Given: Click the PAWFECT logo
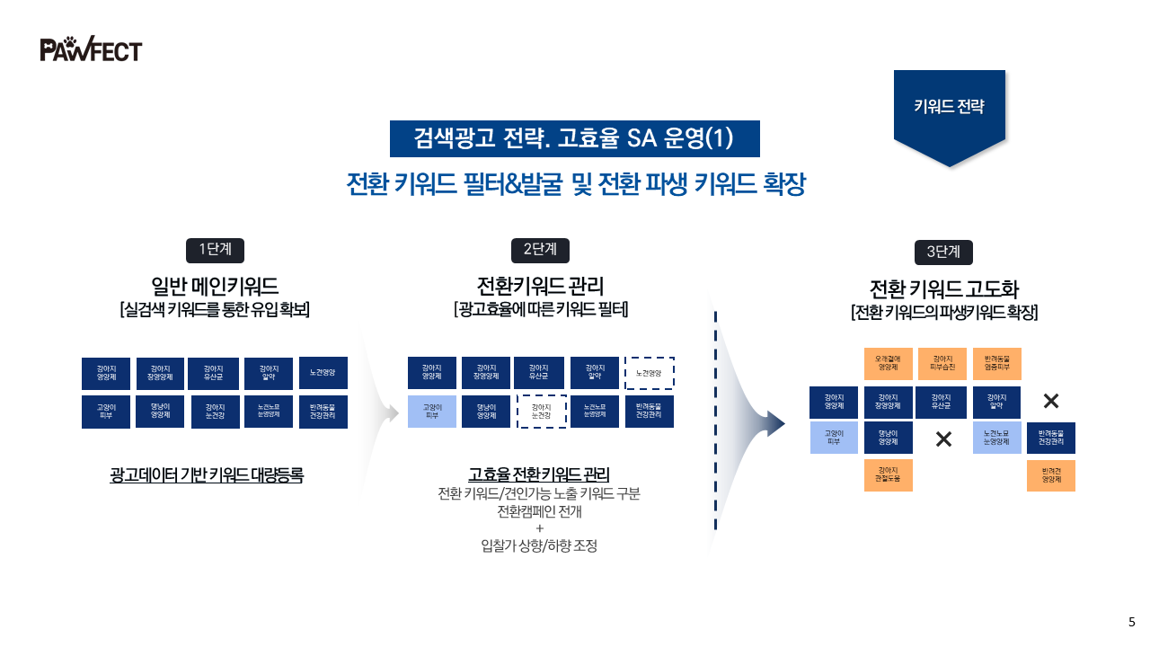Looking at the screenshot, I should click(x=91, y=49).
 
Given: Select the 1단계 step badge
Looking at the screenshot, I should click(x=215, y=249).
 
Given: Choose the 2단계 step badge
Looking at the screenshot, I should click(x=540, y=249).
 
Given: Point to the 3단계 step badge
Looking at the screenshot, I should click(x=943, y=253).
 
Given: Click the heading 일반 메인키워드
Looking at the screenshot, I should click(x=215, y=287).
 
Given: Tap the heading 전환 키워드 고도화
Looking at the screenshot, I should click(x=943, y=289).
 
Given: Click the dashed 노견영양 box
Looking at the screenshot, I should click(x=649, y=373).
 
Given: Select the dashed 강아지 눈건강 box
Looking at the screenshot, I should click(x=541, y=412).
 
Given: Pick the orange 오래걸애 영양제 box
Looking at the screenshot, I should click(x=888, y=364).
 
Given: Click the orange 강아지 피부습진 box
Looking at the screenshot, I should click(x=942, y=364).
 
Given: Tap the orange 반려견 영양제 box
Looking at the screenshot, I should click(x=1051, y=475).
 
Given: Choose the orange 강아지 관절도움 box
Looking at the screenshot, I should click(x=888, y=475).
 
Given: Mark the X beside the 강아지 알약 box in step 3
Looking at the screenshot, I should click(x=1051, y=402).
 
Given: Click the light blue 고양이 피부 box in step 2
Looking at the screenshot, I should click(x=432, y=412).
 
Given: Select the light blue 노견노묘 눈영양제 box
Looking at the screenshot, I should click(x=997, y=438).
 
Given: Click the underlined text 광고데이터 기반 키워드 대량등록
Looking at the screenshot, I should click(x=207, y=475).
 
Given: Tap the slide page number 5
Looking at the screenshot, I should click(x=1131, y=622).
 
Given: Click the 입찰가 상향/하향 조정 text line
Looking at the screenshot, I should click(x=539, y=546).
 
